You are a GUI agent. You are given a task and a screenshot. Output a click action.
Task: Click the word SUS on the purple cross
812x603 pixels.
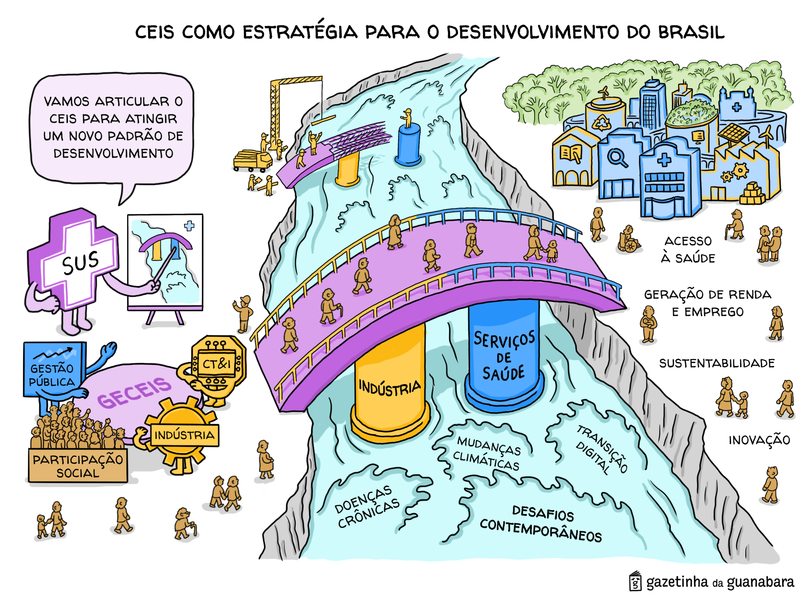pos(80,262)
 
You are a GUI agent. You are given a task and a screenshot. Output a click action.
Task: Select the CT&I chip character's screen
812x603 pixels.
pos(216,363)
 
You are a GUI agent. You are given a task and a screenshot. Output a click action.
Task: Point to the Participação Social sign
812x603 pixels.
pos(78,466)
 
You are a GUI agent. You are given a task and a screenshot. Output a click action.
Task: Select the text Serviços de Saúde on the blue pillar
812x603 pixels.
pos(504,356)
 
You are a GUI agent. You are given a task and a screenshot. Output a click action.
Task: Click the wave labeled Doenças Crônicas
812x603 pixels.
pos(367,507)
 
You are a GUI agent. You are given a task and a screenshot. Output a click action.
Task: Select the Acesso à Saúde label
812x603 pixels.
pos(688,249)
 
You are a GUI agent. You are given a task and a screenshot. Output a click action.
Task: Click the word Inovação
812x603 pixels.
pos(759,440)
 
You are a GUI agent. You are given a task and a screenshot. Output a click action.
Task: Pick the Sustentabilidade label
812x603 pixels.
pos(717,363)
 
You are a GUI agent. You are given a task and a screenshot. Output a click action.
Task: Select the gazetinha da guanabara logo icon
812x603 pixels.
pos(635,581)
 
